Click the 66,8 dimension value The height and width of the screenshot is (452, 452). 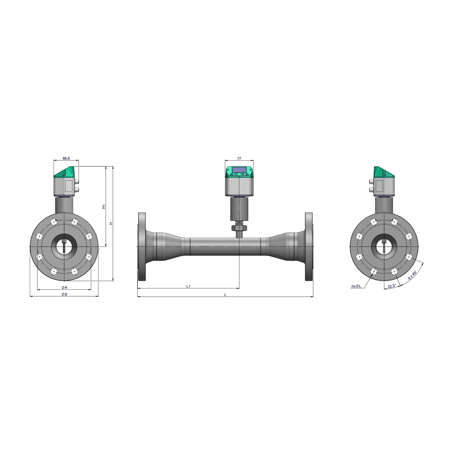66,158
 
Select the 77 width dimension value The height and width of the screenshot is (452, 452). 239,159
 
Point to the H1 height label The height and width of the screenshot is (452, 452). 104,207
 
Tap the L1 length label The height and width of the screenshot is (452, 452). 188,286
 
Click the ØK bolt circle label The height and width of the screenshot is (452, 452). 65,287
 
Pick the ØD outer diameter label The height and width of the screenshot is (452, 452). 65,294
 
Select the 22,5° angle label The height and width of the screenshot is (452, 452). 392,286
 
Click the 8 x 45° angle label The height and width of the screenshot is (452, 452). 412,275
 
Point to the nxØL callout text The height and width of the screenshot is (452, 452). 356,286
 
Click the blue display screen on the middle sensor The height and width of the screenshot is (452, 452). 239,169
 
